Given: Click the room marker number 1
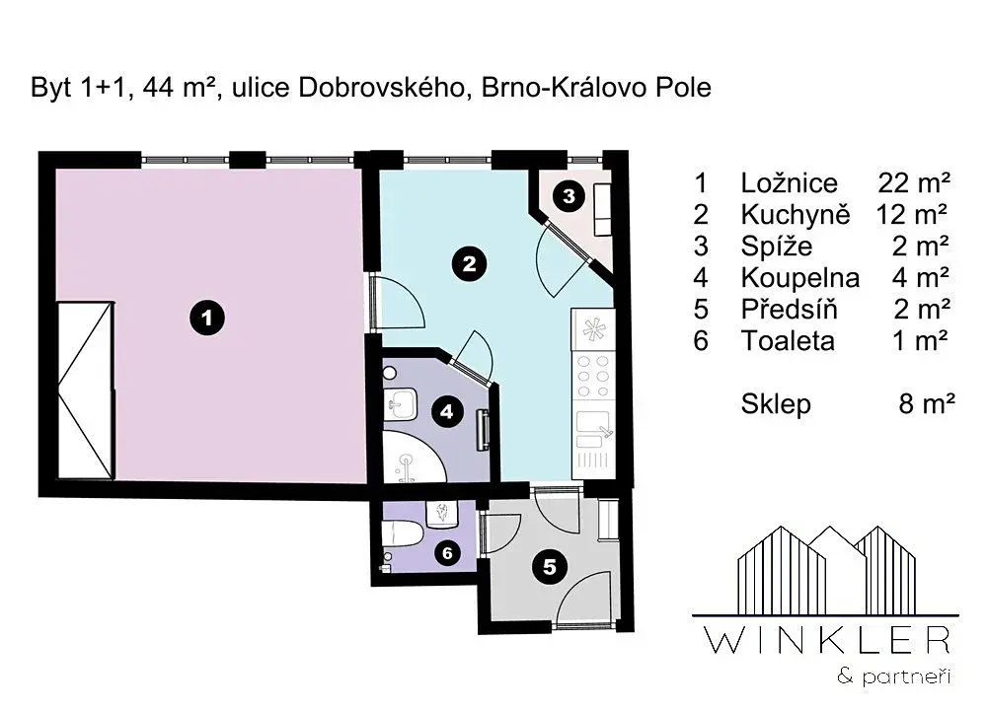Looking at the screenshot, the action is tap(207, 319).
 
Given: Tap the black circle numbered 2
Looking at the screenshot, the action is tap(470, 263).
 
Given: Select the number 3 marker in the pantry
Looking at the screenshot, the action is tap(569, 196).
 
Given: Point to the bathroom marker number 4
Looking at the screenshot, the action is tap(447, 412).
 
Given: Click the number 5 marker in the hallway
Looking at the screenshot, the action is tap(550, 567).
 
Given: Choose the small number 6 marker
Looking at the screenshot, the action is tap(447, 553).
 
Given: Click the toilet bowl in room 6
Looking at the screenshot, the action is tap(402, 533).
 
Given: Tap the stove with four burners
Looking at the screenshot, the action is tap(593, 376).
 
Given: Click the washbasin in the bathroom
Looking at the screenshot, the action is tap(400, 403).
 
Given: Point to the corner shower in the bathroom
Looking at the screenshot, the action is tap(413, 457).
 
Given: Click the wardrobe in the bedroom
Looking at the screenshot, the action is tap(86, 391).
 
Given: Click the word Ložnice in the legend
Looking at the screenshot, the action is tap(789, 183).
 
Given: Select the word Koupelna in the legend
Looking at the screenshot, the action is tap(800, 278).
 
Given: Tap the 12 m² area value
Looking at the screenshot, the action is tap(911, 214).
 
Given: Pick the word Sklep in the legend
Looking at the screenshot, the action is tap(776, 404).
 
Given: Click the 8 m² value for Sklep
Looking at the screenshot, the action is tap(927, 404).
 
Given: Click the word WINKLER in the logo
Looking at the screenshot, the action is tap(827, 641).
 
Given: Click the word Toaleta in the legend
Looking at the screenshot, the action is tap(788, 341).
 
